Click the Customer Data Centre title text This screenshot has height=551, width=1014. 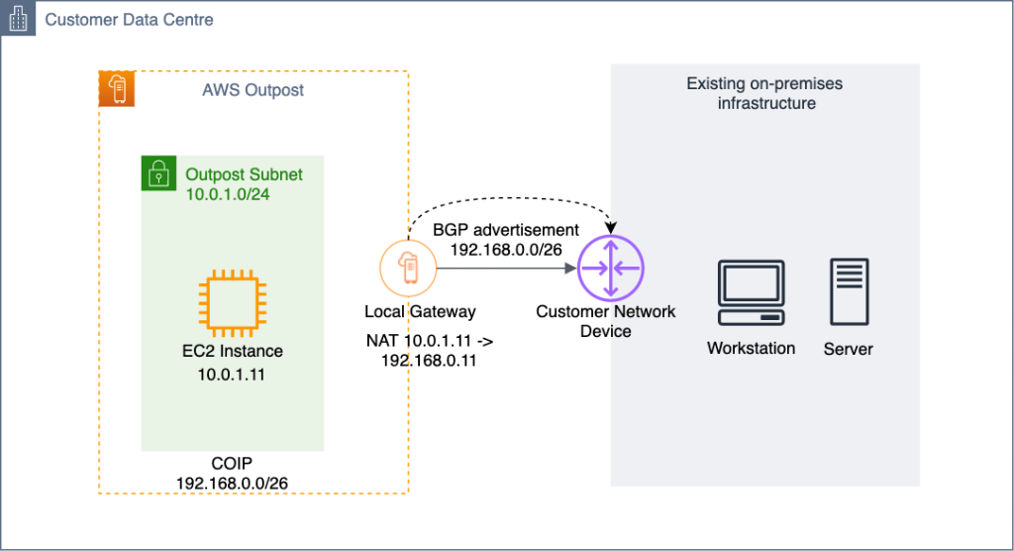pyautogui.click(x=129, y=20)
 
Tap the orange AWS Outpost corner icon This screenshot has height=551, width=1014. pyautogui.click(x=117, y=89)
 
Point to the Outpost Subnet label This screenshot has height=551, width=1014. pyautogui.click(x=244, y=174)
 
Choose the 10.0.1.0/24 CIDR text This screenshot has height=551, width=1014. pyautogui.click(x=228, y=194)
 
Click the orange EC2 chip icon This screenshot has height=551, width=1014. pyautogui.click(x=232, y=301)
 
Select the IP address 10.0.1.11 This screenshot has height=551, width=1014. pyautogui.click(x=232, y=375)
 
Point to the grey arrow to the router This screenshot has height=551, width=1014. pyautogui.click(x=505, y=268)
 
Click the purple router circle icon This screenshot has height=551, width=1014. pyautogui.click(x=610, y=268)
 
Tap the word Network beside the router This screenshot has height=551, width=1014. pyautogui.click(x=646, y=311)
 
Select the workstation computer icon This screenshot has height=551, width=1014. pyautogui.click(x=751, y=292)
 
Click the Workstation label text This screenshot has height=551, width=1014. pyautogui.click(x=751, y=349)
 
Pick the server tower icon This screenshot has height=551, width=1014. pyautogui.click(x=850, y=292)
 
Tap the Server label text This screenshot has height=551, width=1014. pyautogui.click(x=849, y=349)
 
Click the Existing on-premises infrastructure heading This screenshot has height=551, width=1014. pyautogui.click(x=765, y=93)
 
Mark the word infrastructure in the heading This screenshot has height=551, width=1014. pyautogui.click(x=765, y=103)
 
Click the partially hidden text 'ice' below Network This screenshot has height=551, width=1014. pyautogui.click(x=621, y=331)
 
